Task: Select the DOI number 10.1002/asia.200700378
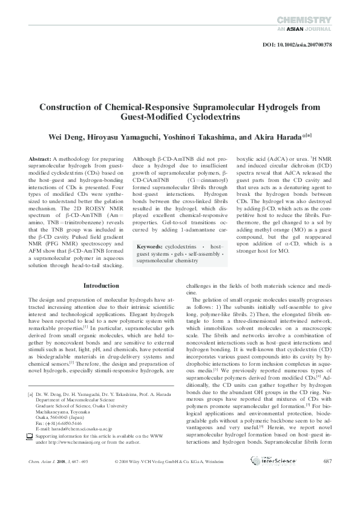(x=309, y=45)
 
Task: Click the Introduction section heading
(x=101, y=285)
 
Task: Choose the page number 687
(x=328, y=478)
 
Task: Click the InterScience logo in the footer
(x=266, y=478)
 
